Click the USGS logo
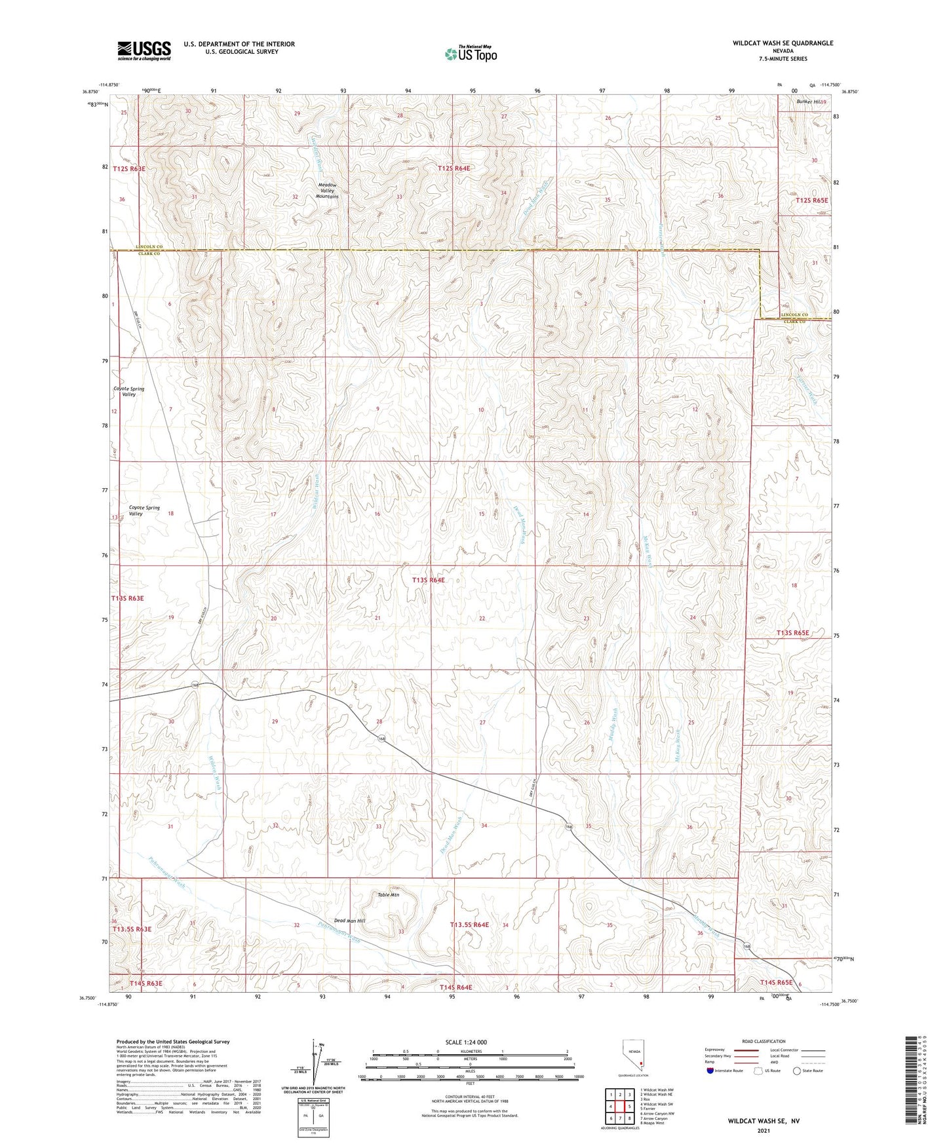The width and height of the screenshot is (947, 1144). [144, 50]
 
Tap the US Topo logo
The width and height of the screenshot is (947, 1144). [470, 54]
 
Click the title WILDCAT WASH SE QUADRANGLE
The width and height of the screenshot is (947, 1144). [783, 43]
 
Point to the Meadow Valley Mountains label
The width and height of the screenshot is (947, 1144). [326, 191]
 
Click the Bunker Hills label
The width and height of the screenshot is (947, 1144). [811, 102]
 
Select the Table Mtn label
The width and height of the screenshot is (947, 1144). [388, 894]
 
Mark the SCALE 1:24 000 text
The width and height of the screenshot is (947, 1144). [470, 1042]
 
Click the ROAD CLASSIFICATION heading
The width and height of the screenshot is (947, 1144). [764, 1041]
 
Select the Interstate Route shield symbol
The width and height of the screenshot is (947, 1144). [711, 1071]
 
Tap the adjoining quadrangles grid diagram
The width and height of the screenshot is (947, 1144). [619, 1108]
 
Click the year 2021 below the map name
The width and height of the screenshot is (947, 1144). [763, 1131]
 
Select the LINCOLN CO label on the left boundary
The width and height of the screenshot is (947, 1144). [149, 247]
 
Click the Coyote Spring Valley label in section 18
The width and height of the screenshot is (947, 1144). [144, 510]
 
